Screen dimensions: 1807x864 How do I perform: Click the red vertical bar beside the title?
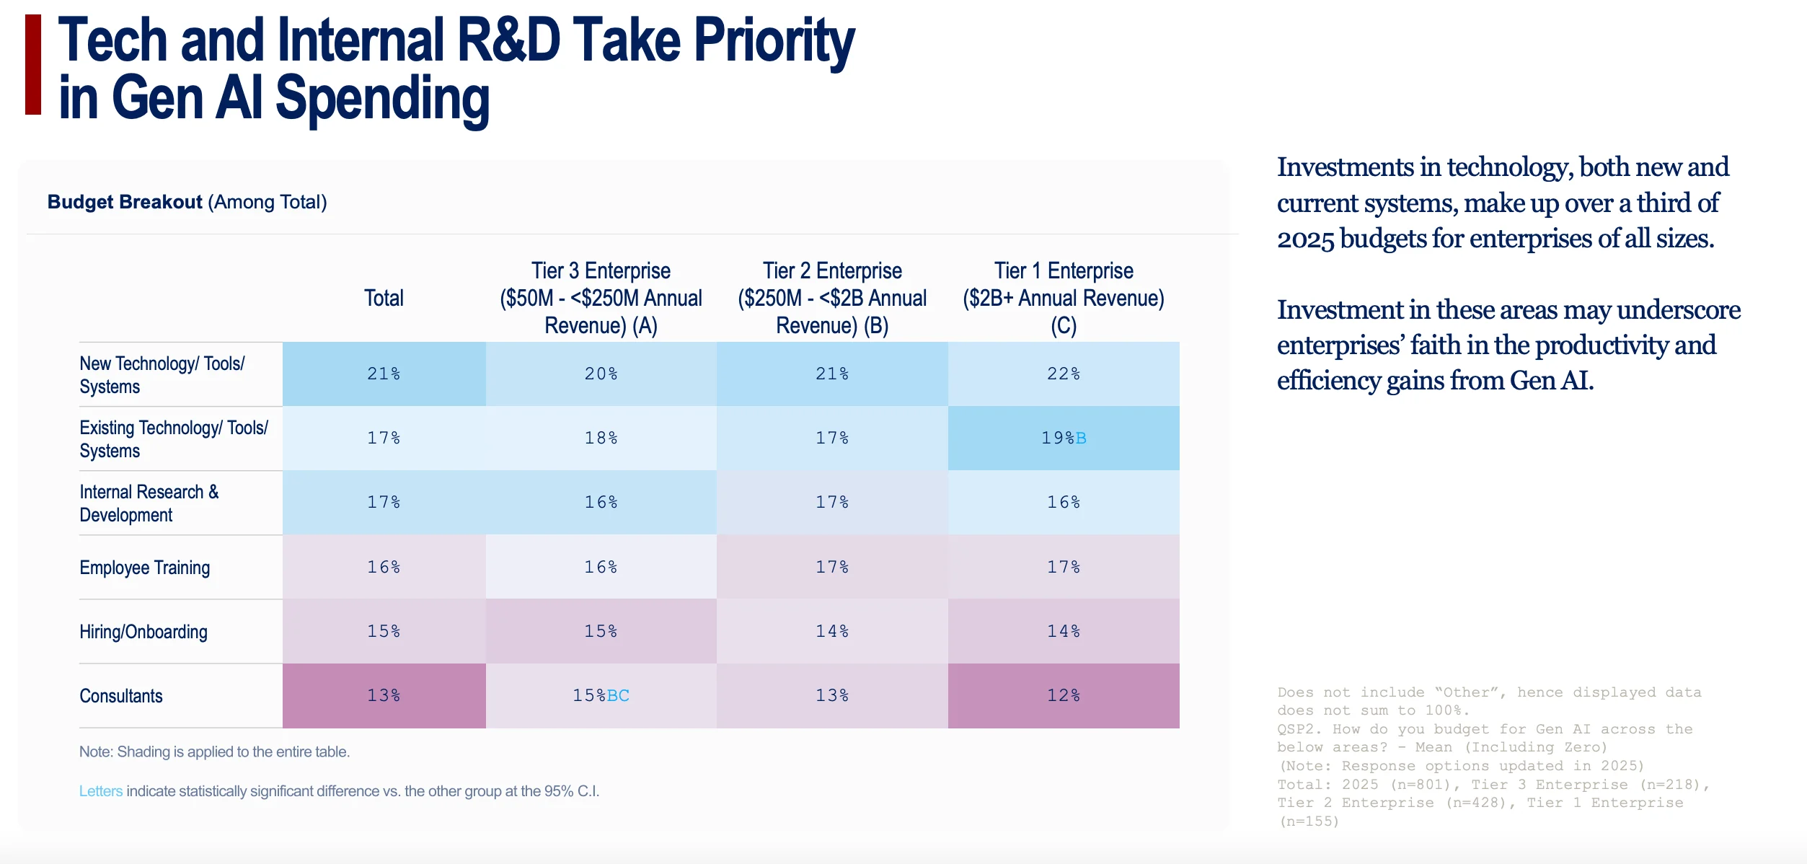tap(33, 64)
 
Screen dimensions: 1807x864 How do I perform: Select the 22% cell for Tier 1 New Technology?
tap(1064, 374)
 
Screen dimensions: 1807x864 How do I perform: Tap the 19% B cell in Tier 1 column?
tap(1064, 438)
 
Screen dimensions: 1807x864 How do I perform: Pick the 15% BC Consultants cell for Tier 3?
tap(601, 695)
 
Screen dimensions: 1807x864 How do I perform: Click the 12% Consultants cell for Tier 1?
tap(1064, 695)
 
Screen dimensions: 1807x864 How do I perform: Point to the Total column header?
tap(384, 298)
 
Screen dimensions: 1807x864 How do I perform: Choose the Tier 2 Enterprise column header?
tap(832, 298)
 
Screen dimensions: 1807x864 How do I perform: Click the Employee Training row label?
tap(145, 568)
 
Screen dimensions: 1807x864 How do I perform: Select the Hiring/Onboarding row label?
tap(143, 632)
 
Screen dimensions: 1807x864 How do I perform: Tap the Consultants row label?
tap(121, 696)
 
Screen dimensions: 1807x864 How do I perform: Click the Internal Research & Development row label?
tap(149, 503)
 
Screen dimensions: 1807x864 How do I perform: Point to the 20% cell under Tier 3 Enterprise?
tap(601, 374)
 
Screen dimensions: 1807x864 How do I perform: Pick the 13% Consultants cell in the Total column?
tap(384, 695)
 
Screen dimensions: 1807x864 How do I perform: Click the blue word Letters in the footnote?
tap(101, 791)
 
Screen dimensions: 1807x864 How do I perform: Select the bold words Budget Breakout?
tap(125, 202)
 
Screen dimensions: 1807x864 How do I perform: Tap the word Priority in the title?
tap(774, 43)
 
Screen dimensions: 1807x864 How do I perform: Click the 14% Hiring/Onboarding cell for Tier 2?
tap(832, 631)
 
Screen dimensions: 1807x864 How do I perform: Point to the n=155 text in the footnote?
tap(1309, 821)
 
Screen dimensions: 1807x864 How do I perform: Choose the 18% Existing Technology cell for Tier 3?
tap(601, 438)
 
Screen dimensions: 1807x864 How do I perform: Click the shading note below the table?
tap(214, 751)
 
